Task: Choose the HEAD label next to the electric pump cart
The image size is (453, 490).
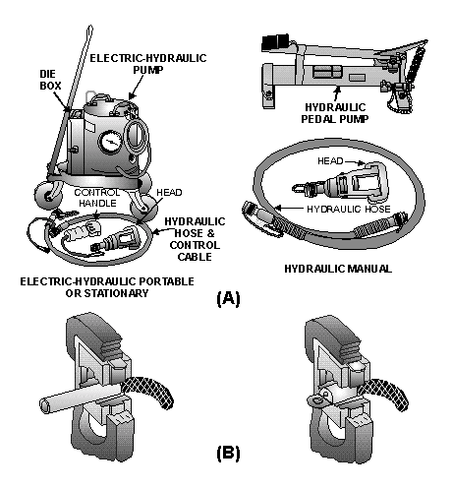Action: click(170, 193)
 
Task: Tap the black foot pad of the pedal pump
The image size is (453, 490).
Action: click(273, 42)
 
